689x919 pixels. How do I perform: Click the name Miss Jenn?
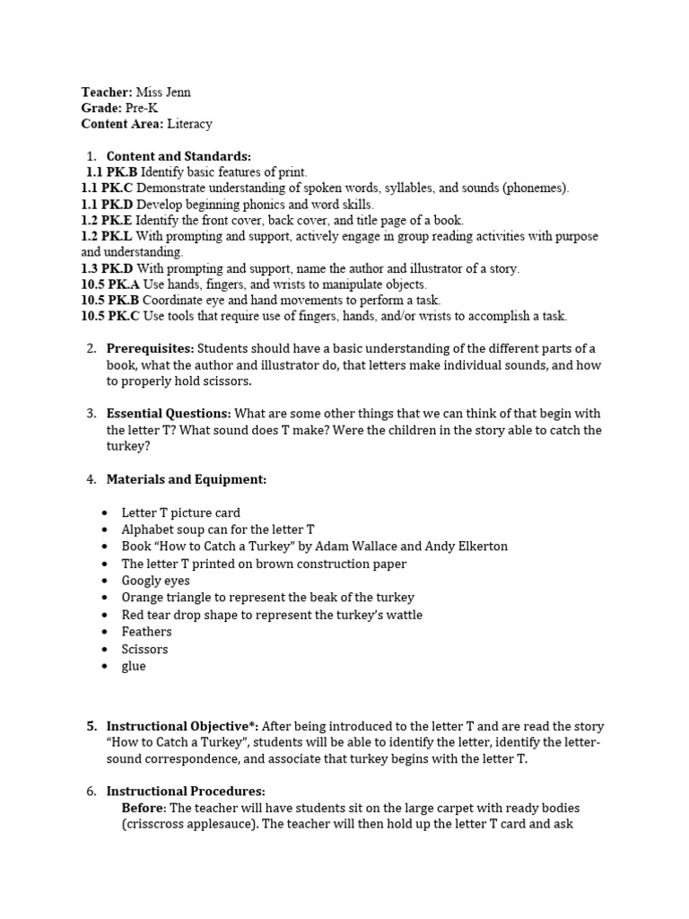coord(163,92)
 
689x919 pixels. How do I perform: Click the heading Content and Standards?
coord(179,156)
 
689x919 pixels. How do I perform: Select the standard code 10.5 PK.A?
coord(110,284)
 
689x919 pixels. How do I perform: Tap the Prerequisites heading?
coord(150,348)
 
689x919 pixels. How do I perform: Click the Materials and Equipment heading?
coord(186,479)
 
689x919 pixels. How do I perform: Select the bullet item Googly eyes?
coord(155,581)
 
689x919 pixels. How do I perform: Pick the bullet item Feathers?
coord(146,632)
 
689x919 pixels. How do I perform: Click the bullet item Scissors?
coord(144,649)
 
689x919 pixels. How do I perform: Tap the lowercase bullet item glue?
coord(134,666)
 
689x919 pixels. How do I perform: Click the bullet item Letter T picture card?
coord(181,512)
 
